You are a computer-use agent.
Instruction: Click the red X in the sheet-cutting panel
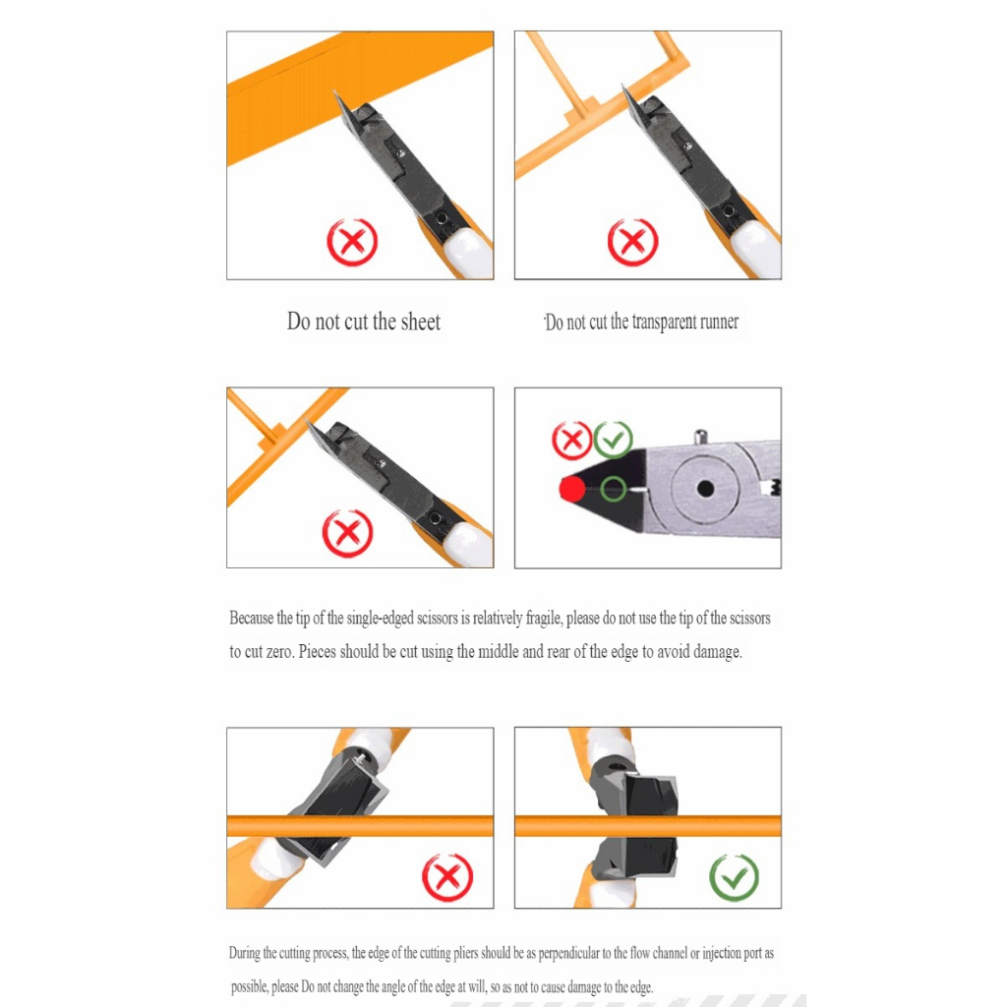pyautogui.click(x=352, y=242)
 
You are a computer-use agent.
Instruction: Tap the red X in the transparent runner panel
pyautogui.click(x=632, y=242)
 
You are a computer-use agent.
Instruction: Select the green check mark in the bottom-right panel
pyautogui.click(x=734, y=877)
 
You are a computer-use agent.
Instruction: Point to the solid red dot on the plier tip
pyautogui.click(x=571, y=489)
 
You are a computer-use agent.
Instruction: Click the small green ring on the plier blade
pyautogui.click(x=613, y=489)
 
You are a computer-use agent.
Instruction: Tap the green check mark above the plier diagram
pyautogui.click(x=614, y=440)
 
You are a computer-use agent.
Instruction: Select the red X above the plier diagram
pyautogui.click(x=571, y=440)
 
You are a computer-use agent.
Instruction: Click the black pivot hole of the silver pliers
pyautogui.click(x=705, y=489)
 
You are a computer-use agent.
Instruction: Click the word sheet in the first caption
pyautogui.click(x=421, y=322)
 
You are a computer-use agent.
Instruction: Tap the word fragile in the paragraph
pyautogui.click(x=544, y=618)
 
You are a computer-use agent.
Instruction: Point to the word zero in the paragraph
pyautogui.click(x=279, y=652)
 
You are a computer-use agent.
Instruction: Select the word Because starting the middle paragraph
pyautogui.click(x=251, y=618)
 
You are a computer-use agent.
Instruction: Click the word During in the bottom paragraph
pyautogui.click(x=245, y=953)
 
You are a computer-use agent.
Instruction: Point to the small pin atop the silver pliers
pyautogui.click(x=700, y=437)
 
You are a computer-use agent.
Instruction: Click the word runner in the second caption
pyautogui.click(x=719, y=323)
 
